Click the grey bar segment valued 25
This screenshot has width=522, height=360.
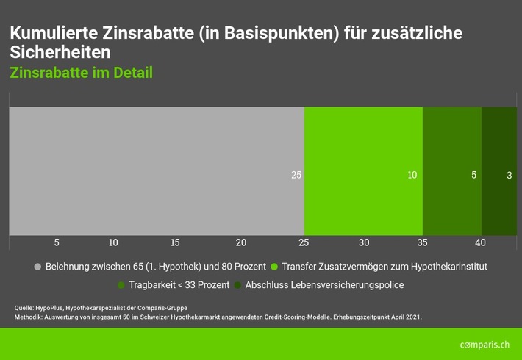156,170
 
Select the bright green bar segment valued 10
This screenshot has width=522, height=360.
363,170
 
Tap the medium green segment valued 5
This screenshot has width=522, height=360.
451,170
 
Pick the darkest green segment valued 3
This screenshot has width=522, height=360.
499,170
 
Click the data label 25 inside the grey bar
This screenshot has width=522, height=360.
296,176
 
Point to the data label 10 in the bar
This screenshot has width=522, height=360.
412,176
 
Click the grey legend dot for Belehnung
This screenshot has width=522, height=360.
38,266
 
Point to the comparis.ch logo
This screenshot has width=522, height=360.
485,344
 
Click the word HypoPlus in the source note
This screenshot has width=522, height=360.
49,307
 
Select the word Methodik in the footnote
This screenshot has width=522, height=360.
28,317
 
